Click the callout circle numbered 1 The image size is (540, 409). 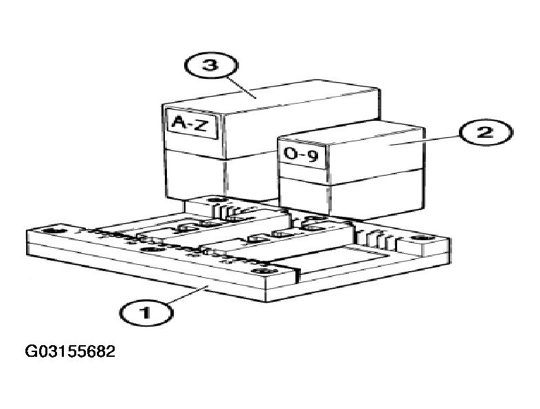point(146,313)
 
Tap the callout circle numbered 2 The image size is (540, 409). point(486,132)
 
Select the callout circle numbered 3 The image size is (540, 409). point(211,65)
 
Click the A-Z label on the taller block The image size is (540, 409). point(192,123)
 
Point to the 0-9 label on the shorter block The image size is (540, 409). point(301,155)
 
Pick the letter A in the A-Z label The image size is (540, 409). point(180,121)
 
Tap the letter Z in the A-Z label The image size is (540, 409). point(201,125)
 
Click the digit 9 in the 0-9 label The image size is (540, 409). point(313,157)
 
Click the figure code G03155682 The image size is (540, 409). point(70,351)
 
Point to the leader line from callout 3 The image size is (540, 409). point(242,87)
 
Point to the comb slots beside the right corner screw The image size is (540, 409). point(376,239)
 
